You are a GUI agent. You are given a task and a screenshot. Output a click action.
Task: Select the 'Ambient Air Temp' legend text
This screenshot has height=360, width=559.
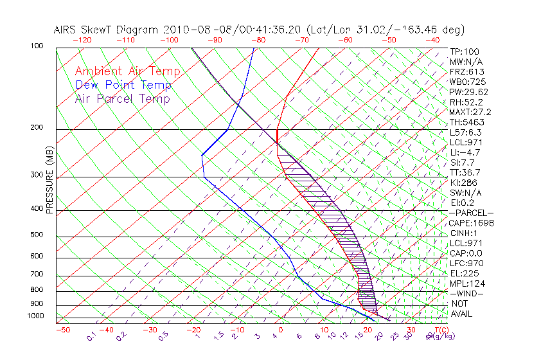click(127, 71)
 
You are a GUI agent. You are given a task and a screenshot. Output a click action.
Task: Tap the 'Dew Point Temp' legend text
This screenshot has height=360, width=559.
click(123, 85)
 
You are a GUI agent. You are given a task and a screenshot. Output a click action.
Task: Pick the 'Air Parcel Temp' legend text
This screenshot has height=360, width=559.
click(122, 98)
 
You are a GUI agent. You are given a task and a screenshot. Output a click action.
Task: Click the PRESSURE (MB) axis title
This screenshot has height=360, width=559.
click(50, 183)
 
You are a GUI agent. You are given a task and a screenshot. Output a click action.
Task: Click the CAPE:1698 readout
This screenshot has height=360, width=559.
click(466, 223)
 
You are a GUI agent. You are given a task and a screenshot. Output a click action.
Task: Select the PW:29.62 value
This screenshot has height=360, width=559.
click(466, 92)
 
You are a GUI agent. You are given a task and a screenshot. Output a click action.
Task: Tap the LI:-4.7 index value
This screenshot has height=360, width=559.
click(464, 152)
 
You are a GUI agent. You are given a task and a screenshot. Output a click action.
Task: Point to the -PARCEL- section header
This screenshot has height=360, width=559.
click(471, 213)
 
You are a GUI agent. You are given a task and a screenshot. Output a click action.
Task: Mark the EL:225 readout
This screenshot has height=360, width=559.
click(463, 273)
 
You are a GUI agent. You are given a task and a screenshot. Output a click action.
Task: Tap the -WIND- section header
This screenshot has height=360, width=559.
click(466, 293)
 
